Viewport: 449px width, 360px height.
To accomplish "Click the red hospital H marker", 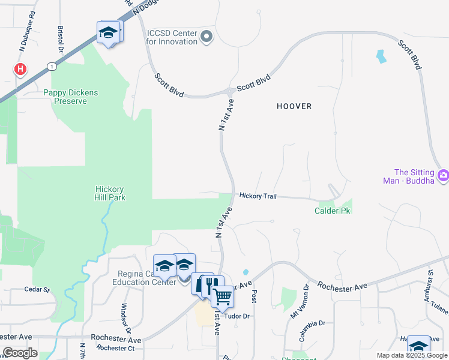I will click(20, 69).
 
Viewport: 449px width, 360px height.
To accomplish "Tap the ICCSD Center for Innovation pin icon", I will click(206, 37).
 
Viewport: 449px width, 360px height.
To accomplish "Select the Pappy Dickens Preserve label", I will click(70, 97).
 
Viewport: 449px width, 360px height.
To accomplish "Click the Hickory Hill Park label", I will click(110, 193).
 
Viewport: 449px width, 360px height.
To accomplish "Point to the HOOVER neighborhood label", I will click(294, 106).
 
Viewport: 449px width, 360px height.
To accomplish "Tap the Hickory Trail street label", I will click(258, 196).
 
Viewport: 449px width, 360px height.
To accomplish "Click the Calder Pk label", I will click(332, 211).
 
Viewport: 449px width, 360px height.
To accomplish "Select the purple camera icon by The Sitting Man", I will click(443, 176).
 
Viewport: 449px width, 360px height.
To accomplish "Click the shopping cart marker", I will click(222, 296).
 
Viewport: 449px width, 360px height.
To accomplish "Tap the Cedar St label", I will click(37, 289).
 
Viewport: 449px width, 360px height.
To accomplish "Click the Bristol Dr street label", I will click(61, 37).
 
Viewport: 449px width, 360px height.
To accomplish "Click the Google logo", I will click(19, 353).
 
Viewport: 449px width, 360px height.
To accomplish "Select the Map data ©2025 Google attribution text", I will click(411, 355).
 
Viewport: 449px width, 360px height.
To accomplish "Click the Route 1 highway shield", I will click(53, 65).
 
